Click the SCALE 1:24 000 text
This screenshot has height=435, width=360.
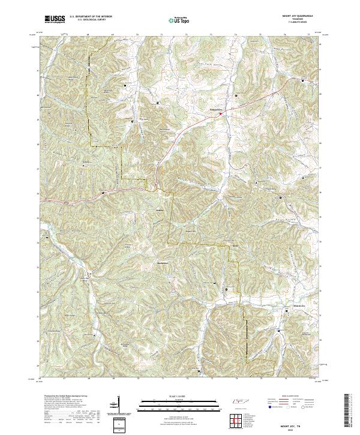[179, 397]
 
